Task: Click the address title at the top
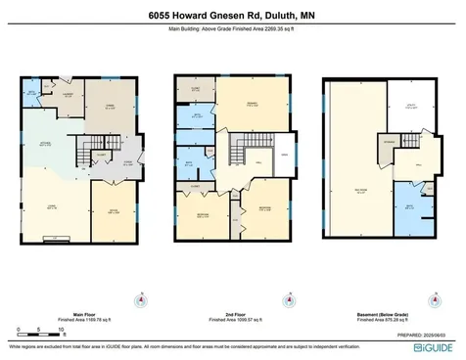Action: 233,16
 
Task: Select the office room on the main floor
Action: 114,209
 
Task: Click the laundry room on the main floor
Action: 69,96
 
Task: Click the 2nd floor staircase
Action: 238,153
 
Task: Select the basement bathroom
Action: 408,207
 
